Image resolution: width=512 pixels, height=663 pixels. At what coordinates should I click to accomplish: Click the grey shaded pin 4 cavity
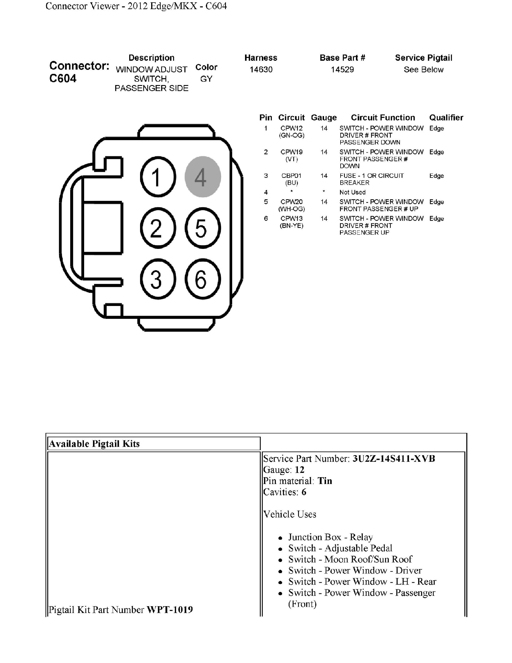[203, 177]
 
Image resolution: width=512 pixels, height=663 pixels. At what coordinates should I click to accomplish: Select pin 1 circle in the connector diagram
[158, 177]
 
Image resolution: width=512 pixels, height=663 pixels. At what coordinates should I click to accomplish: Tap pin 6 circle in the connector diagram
[203, 279]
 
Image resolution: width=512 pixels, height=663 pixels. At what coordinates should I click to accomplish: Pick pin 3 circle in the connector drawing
[158, 279]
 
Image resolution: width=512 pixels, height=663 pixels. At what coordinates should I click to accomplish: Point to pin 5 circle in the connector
[203, 228]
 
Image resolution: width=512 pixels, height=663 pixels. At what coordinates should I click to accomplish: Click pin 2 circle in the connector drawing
[158, 228]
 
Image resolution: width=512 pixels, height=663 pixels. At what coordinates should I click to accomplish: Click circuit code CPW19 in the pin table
[291, 152]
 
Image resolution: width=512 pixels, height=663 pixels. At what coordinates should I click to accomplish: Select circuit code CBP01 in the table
[291, 176]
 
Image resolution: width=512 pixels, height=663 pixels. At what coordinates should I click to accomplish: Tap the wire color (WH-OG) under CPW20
[292, 209]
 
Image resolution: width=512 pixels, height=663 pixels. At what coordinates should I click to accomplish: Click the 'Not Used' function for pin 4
[353, 192]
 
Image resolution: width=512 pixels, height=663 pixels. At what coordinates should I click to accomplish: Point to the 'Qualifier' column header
[446, 118]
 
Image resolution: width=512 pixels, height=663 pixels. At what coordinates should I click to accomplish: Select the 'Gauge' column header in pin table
[324, 118]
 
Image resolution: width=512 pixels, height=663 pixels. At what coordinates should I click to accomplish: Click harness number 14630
[261, 70]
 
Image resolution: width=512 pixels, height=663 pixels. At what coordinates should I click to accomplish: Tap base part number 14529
[342, 70]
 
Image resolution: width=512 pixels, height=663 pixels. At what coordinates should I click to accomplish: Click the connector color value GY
[206, 79]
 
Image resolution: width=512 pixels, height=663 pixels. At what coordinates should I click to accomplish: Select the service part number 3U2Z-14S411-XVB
[393, 458]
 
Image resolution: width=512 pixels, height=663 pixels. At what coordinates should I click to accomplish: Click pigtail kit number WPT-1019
[169, 610]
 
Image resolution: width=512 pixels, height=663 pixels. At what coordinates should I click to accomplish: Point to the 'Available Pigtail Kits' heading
[94, 444]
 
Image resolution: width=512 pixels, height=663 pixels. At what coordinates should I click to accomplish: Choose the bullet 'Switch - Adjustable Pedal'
[340, 548]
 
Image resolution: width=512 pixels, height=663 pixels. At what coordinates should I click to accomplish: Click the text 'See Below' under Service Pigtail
[423, 70]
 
